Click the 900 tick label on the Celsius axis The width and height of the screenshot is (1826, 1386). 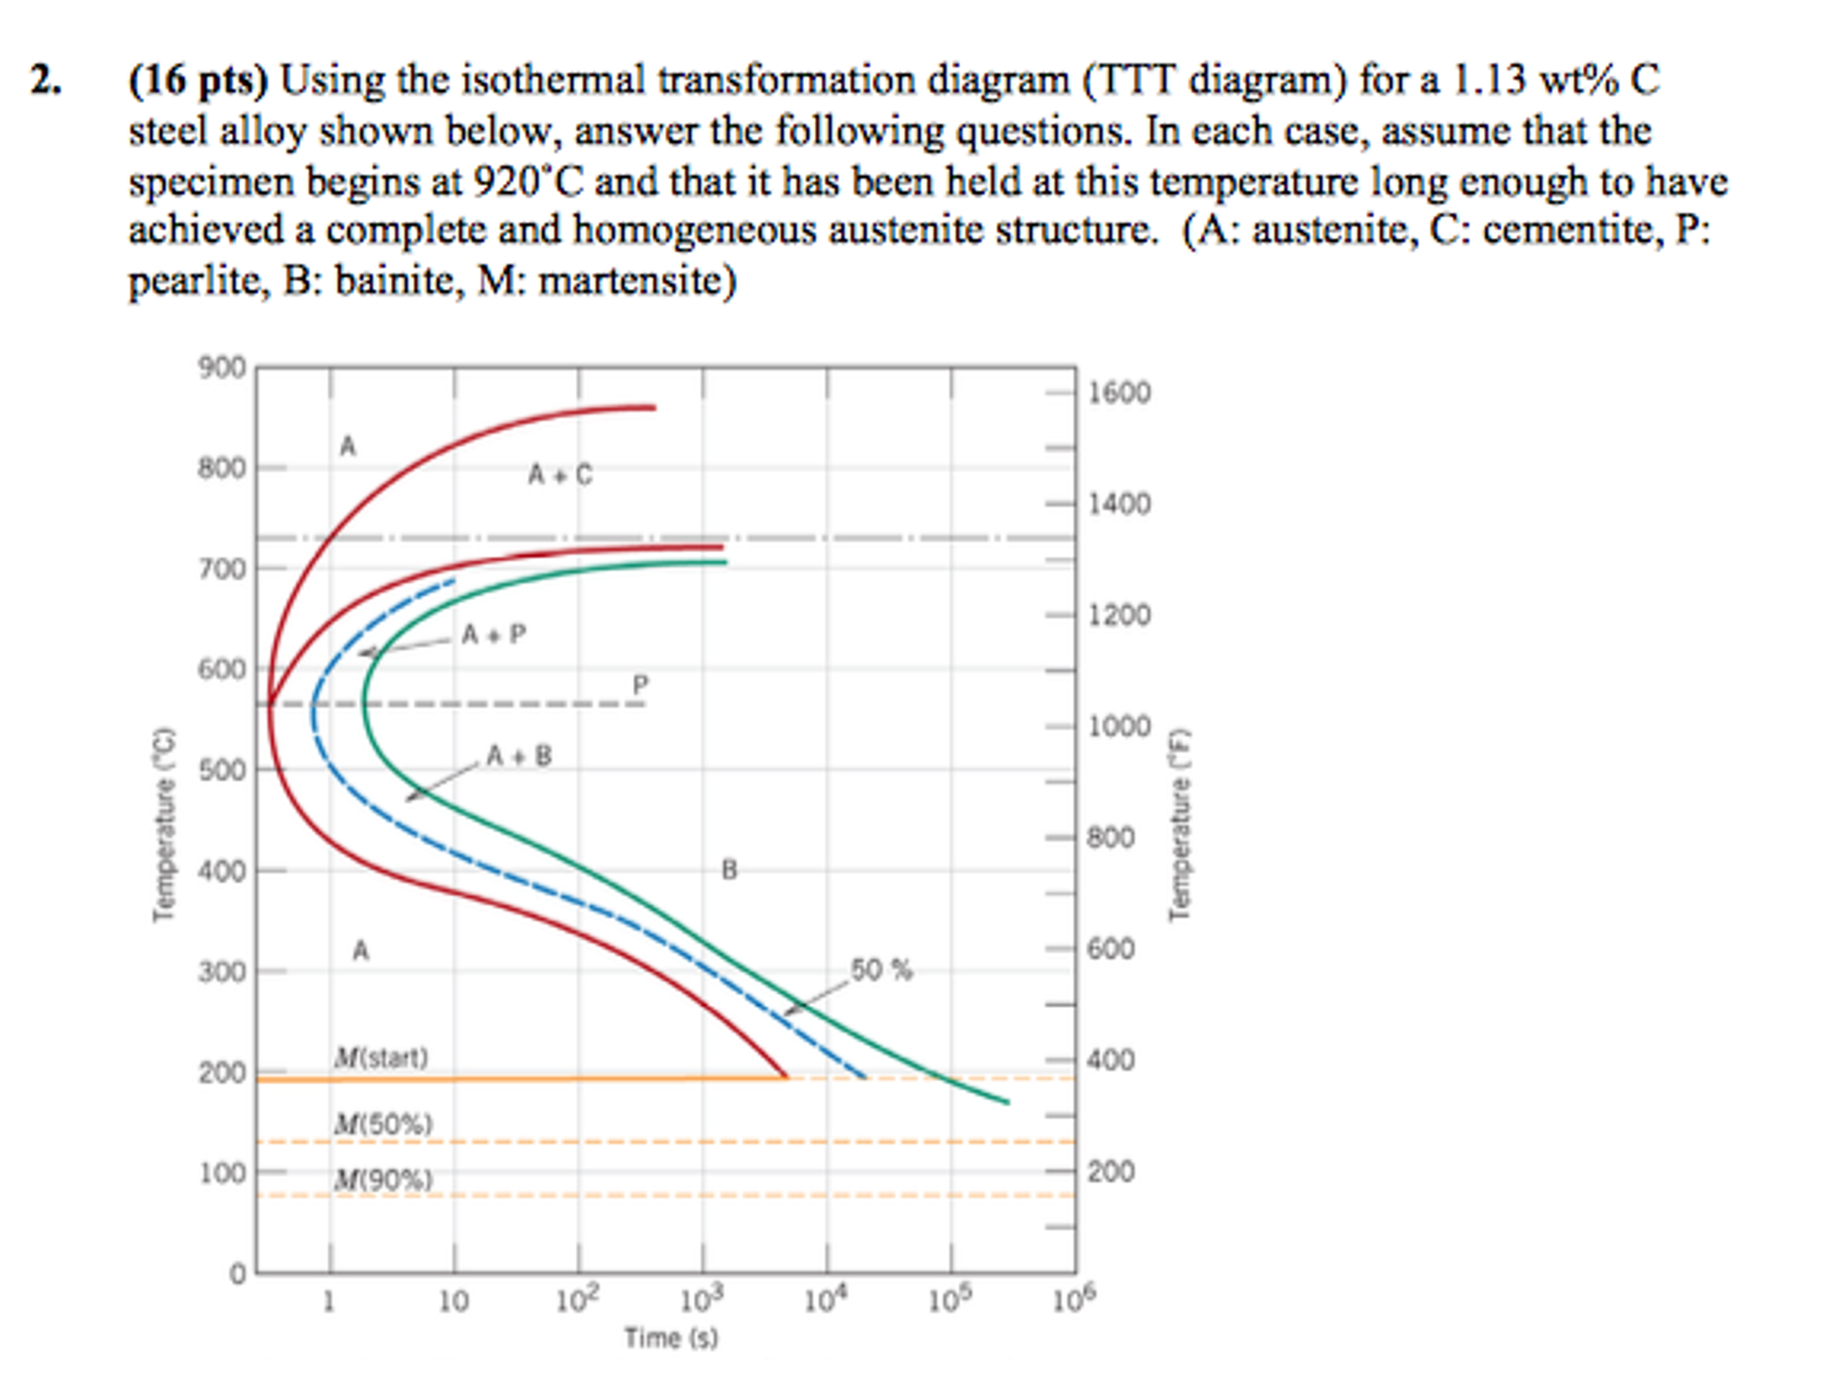(220, 367)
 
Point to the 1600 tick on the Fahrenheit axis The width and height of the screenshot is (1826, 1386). (1119, 393)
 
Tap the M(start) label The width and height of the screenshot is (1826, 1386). (381, 1058)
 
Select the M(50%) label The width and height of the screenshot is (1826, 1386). (383, 1124)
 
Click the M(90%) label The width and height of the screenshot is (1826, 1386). (383, 1180)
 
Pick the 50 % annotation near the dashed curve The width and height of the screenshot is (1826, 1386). (881, 970)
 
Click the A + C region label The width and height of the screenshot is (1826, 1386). (560, 475)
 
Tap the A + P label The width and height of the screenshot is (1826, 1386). (494, 635)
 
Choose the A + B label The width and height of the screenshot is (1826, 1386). (519, 756)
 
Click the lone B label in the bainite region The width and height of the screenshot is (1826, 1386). (729, 869)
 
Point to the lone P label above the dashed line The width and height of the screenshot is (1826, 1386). (640, 685)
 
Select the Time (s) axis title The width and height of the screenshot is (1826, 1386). (671, 1337)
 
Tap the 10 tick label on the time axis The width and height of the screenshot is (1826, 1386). (453, 1301)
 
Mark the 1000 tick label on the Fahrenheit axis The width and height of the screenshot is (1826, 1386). (1119, 726)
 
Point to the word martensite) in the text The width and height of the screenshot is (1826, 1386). (638, 281)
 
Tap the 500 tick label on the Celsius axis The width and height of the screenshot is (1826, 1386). (220, 769)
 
